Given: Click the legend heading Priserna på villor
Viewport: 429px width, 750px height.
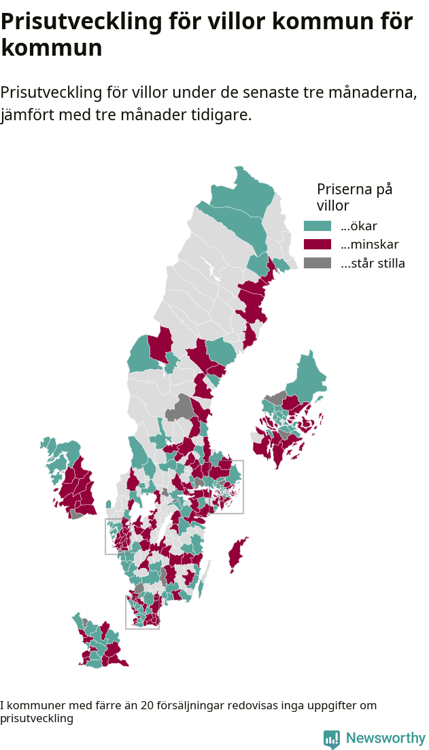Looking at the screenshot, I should pyautogui.click(x=354, y=197).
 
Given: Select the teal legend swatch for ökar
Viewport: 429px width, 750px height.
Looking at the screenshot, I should pyautogui.click(x=318, y=226).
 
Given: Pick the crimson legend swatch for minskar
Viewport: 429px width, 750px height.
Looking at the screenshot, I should pyautogui.click(x=318, y=245).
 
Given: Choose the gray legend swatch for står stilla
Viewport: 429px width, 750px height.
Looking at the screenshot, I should pyautogui.click(x=318, y=264).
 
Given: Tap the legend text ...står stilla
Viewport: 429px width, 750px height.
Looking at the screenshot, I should pyautogui.click(x=373, y=264).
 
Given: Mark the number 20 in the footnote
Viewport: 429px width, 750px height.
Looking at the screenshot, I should pyautogui.click(x=148, y=706).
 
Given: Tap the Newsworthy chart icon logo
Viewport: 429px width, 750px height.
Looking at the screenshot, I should pyautogui.click(x=332, y=739).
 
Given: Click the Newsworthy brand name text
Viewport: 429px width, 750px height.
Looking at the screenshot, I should pyautogui.click(x=385, y=738).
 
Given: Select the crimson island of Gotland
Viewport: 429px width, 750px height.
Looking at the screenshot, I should pyautogui.click(x=237, y=554).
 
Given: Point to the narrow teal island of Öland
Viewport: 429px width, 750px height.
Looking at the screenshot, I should pyautogui.click(x=205, y=576).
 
